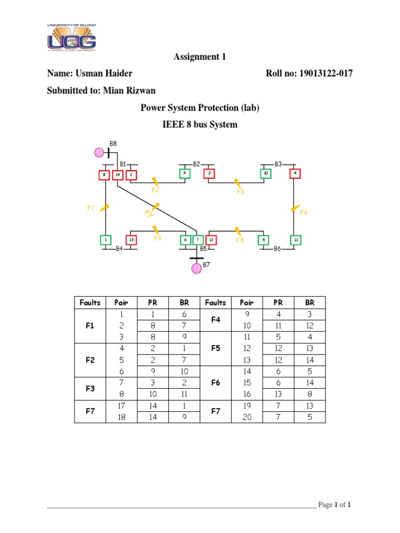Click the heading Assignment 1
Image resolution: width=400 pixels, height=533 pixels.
200,57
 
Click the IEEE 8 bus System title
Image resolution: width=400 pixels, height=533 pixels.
200,124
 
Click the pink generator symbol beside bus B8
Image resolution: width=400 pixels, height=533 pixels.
99,152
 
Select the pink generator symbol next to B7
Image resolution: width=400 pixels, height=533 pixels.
197,268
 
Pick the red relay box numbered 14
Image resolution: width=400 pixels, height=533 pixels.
118,174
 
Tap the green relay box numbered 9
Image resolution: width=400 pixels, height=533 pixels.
184,173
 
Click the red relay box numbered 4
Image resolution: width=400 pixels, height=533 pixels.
295,173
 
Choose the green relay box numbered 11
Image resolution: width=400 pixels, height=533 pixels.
295,240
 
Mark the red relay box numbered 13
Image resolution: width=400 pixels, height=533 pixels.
131,240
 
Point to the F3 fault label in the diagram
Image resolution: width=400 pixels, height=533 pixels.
240,191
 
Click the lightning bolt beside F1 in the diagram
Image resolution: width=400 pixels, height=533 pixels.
104,207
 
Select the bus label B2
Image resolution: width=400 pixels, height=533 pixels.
196,164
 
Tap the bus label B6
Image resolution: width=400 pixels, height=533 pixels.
278,249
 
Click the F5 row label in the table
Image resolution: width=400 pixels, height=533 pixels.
216,348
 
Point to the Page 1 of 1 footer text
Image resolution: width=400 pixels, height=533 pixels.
337,505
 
